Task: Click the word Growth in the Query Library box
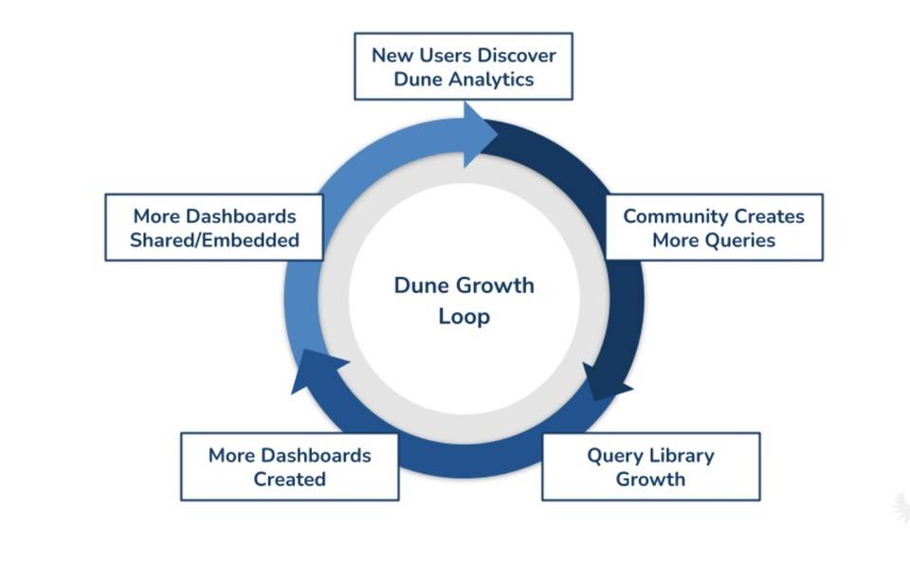point(650,479)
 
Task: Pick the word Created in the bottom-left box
point(289,479)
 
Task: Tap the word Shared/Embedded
point(214,240)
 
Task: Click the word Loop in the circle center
point(464,316)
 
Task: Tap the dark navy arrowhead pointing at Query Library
point(603,380)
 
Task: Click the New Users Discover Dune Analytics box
point(463,66)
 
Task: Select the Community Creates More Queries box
point(714,228)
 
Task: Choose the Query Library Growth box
point(650,467)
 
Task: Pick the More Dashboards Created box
point(289,467)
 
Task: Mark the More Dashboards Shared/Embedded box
point(214,228)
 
